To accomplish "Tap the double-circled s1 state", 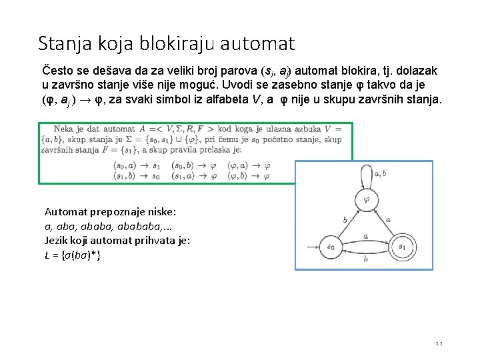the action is coord(402,247).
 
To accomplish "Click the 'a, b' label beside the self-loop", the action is coord(381,174).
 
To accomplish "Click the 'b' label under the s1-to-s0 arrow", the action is coord(367,260).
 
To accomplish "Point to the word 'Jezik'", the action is coord(57,241).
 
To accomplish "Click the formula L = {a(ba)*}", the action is coord(73,255).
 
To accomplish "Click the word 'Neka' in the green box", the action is coord(64,128).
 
